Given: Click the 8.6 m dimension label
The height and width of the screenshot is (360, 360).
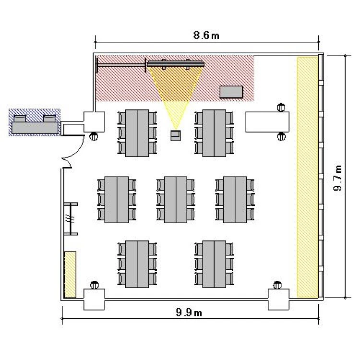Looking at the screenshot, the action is (206, 36).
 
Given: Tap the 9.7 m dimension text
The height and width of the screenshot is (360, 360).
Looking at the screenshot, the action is (337, 178).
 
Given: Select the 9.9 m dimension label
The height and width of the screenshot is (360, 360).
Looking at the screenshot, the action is (189, 312).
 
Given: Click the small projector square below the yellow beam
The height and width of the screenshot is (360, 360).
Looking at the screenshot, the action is (176, 135).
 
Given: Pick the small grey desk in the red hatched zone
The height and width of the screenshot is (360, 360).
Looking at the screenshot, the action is (231, 92).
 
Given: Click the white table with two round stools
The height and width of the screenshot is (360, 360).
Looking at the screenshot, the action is (267, 122).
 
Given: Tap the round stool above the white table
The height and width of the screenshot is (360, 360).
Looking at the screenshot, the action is (281, 108).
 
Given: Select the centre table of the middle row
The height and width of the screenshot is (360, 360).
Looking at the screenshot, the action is (176, 200).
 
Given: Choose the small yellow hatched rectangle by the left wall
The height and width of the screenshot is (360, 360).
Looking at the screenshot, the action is (70, 275).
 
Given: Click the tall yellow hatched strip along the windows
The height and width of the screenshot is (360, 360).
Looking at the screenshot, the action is (307, 177).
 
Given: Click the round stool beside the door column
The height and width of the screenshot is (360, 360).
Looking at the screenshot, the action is (94, 137).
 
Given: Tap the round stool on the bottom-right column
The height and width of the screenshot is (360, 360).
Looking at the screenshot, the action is (277, 286).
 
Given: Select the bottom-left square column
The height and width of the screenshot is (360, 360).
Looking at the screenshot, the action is (94, 300).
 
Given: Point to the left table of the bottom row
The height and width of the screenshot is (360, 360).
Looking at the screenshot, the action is (137, 264).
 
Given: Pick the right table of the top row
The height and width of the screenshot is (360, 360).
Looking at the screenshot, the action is (214, 133).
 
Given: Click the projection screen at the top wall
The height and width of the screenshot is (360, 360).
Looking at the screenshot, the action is (176, 63).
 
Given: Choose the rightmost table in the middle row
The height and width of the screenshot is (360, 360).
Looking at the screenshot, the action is (235, 200).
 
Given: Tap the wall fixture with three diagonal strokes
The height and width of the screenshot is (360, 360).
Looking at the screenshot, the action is (71, 219).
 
